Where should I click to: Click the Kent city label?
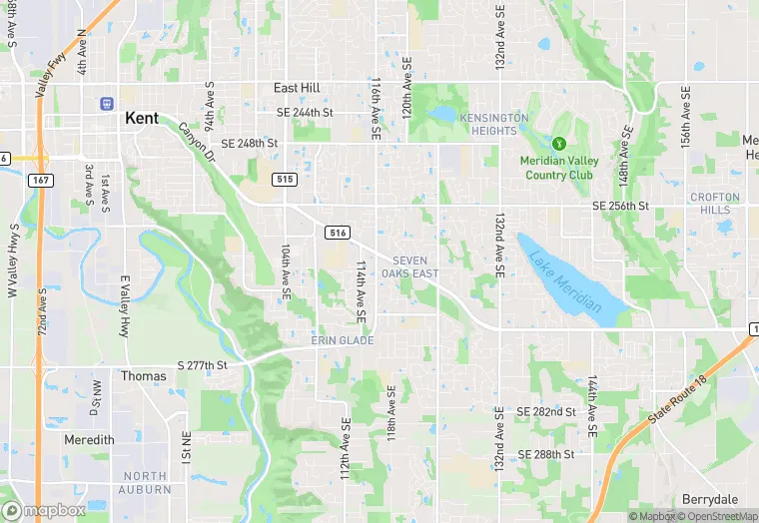coord(142,118)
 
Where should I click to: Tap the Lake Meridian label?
coord(565,278)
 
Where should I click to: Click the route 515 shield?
coord(286,180)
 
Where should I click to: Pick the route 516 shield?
coord(337,233)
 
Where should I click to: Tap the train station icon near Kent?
coord(106,103)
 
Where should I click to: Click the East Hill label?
coord(297,88)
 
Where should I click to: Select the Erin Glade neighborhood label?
coord(342,341)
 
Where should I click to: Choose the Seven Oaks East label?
coord(415,266)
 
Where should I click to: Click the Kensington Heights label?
coord(493,125)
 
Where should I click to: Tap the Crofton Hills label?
coord(715,204)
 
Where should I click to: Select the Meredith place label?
coord(89,440)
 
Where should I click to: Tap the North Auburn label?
coord(146,483)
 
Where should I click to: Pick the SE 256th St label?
coord(620,206)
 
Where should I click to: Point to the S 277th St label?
coord(203,366)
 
